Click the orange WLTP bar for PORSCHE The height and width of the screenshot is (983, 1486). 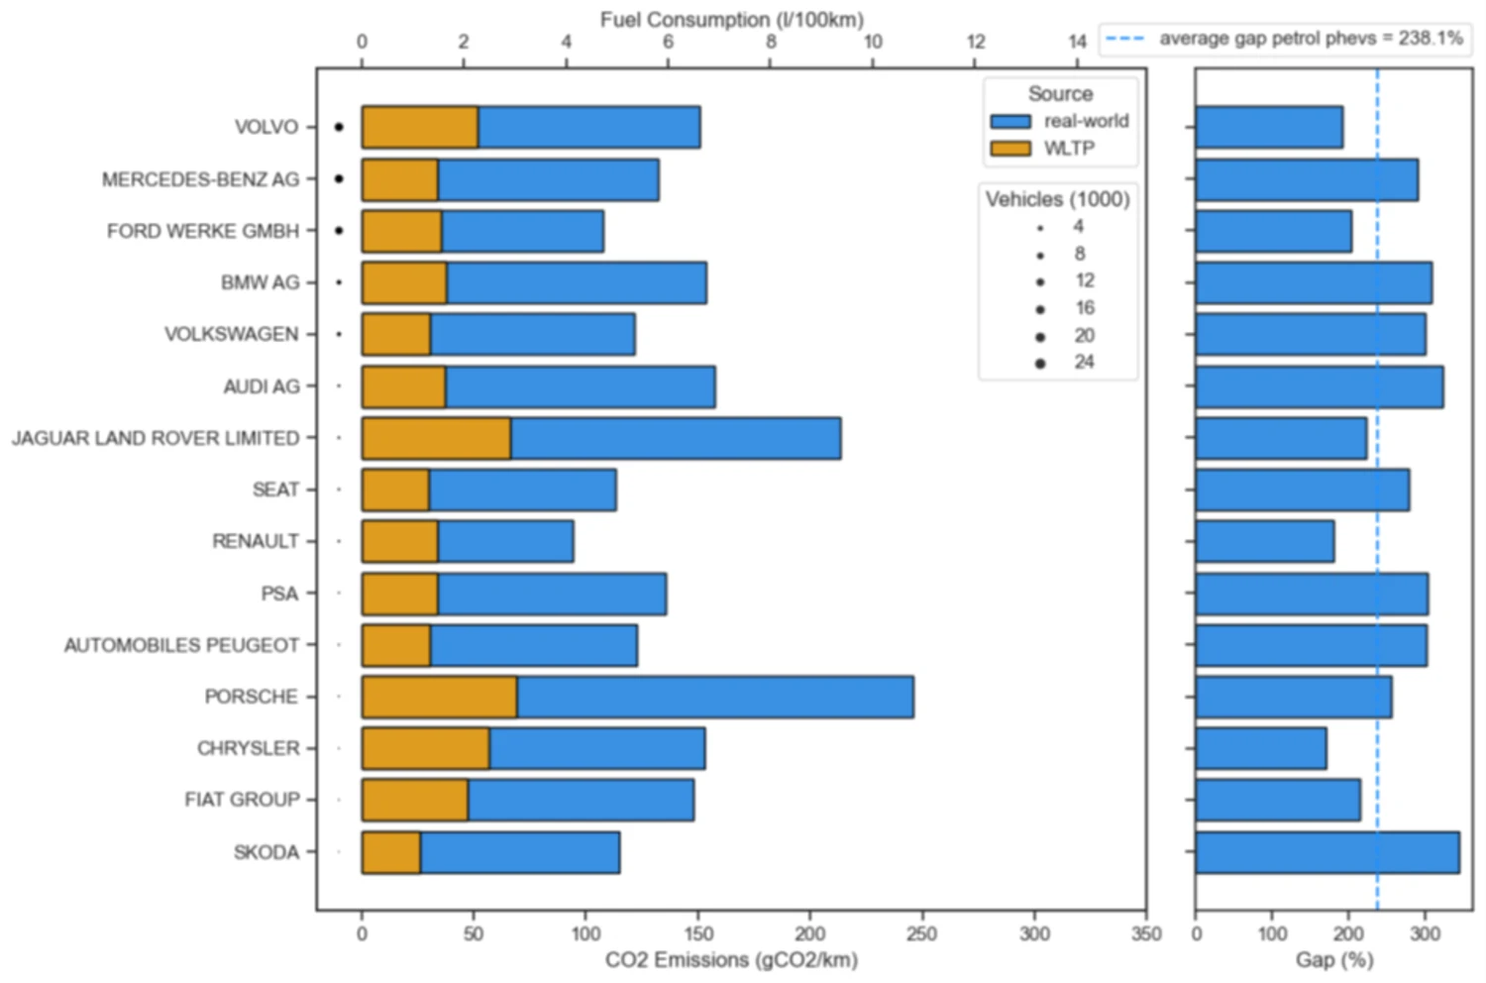pyautogui.click(x=439, y=697)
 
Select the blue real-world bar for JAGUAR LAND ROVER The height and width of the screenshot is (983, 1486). pyautogui.click(x=676, y=438)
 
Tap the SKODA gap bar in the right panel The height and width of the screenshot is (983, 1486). pyautogui.click(x=1327, y=852)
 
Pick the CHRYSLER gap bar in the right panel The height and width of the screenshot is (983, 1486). pyautogui.click(x=1260, y=748)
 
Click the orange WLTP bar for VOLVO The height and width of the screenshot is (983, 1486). pyautogui.click(x=419, y=127)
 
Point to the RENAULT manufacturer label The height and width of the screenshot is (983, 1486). pyautogui.click(x=256, y=541)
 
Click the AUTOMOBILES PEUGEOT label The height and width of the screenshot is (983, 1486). pyautogui.click(x=181, y=645)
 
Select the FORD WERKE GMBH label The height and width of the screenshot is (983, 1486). pyautogui.click(x=203, y=231)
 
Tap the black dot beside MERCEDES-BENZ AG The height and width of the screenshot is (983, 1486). pyautogui.click(x=339, y=179)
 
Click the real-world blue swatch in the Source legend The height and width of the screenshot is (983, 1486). pyautogui.click(x=1010, y=121)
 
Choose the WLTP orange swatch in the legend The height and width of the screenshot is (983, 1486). pyautogui.click(x=1010, y=149)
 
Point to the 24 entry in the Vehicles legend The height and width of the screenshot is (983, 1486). pyautogui.click(x=1084, y=363)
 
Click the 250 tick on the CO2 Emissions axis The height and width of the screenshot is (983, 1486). pyautogui.click(x=921, y=933)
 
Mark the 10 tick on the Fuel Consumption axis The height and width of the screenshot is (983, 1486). pyautogui.click(x=873, y=42)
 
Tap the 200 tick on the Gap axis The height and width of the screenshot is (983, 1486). pyautogui.click(x=1348, y=933)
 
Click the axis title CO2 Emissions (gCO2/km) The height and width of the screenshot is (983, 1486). pyautogui.click(x=731, y=959)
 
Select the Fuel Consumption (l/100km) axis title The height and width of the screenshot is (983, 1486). pyautogui.click(x=731, y=19)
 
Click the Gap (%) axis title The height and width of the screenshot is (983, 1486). pyautogui.click(x=1333, y=959)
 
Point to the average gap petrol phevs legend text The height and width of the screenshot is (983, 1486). pyautogui.click(x=1311, y=39)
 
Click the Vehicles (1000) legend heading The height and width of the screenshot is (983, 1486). pyautogui.click(x=1057, y=199)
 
